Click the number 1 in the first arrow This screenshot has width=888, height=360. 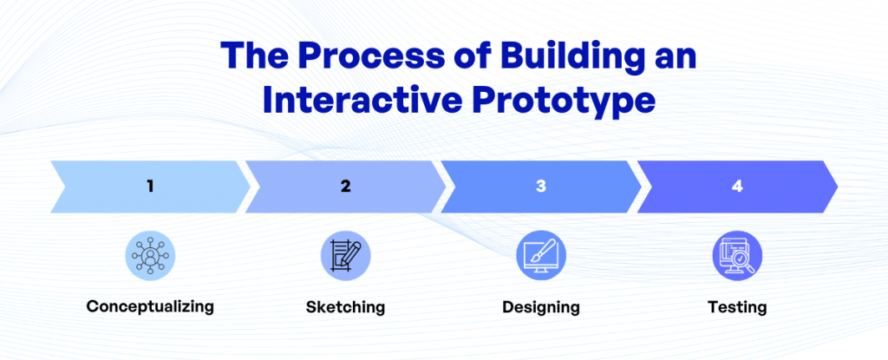(150, 185)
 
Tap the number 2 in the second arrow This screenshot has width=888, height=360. (345, 185)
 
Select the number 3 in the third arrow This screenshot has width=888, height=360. (540, 185)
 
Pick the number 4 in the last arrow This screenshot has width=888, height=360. (737, 185)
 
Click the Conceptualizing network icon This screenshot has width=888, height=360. (150, 255)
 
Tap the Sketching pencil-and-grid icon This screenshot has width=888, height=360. (345, 255)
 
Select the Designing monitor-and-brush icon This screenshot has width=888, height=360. (540, 255)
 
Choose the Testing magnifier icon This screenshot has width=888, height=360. (737, 255)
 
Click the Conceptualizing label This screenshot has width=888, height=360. (150, 306)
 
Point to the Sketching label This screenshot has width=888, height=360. (345, 307)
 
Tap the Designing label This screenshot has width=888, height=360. (540, 307)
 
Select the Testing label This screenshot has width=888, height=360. (737, 307)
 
